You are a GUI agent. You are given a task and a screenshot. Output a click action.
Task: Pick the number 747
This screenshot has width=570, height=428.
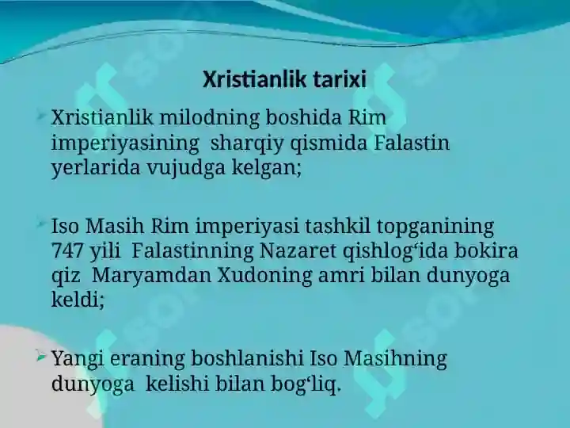point(68,251)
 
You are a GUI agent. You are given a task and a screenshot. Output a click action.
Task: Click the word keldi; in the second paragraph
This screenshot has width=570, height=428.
point(78,300)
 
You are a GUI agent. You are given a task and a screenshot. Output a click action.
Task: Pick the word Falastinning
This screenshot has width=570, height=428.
point(193,251)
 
